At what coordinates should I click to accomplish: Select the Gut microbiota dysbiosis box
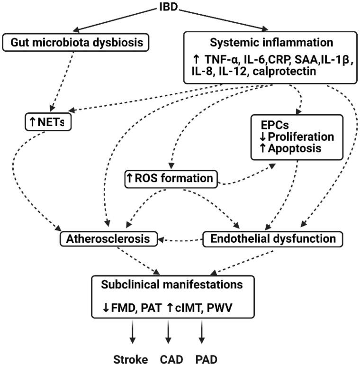point(76,42)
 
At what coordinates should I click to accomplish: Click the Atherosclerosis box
point(108,238)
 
